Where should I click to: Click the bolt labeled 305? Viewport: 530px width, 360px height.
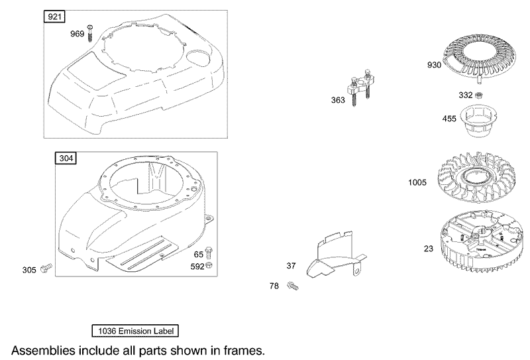(45, 268)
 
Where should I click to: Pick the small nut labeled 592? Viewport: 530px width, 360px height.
(209, 266)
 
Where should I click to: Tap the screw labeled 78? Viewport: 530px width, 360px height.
(293, 286)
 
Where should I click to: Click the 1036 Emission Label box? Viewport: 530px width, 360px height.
(135, 330)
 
